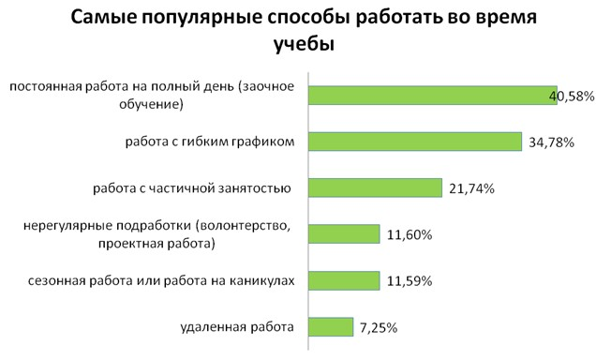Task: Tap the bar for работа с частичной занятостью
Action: click(375, 187)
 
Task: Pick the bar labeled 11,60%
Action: click(344, 234)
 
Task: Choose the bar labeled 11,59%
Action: click(344, 280)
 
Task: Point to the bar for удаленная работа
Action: click(331, 326)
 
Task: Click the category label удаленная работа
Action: click(236, 327)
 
